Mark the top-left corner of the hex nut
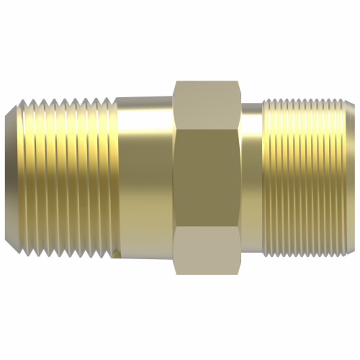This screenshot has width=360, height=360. (175, 81)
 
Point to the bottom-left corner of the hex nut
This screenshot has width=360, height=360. (175, 273)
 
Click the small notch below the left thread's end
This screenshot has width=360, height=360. (116, 253)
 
